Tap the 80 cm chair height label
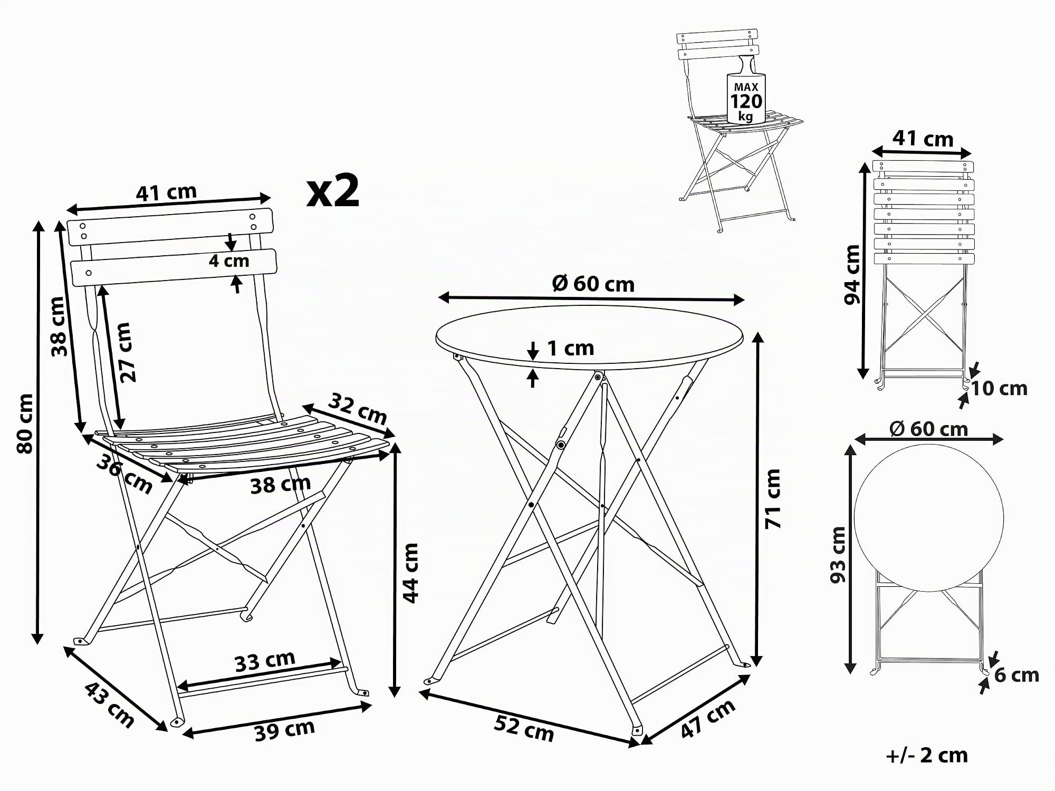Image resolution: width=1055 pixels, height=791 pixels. (25, 423)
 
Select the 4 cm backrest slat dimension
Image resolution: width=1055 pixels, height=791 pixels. (229, 261)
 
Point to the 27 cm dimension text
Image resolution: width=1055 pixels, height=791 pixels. (126, 352)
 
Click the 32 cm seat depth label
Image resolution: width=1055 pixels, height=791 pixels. (358, 409)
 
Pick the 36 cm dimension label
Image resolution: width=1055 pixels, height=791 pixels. (124, 475)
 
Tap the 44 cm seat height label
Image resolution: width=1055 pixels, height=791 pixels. (410, 573)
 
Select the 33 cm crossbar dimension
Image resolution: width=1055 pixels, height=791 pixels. (265, 661)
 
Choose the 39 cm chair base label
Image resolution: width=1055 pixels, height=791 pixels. (285, 730)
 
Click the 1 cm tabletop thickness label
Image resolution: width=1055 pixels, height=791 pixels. (571, 348)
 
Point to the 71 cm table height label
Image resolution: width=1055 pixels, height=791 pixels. (773, 499)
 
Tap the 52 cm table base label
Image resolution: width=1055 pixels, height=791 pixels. (524, 728)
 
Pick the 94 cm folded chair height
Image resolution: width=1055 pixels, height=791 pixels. (852, 275)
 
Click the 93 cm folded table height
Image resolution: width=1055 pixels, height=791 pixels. (838, 555)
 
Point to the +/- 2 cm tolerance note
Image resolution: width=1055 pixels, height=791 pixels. (927, 756)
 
